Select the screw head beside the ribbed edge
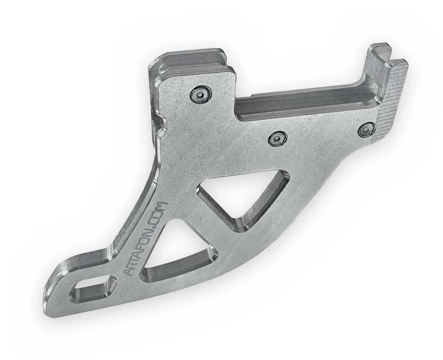point(366,130)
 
